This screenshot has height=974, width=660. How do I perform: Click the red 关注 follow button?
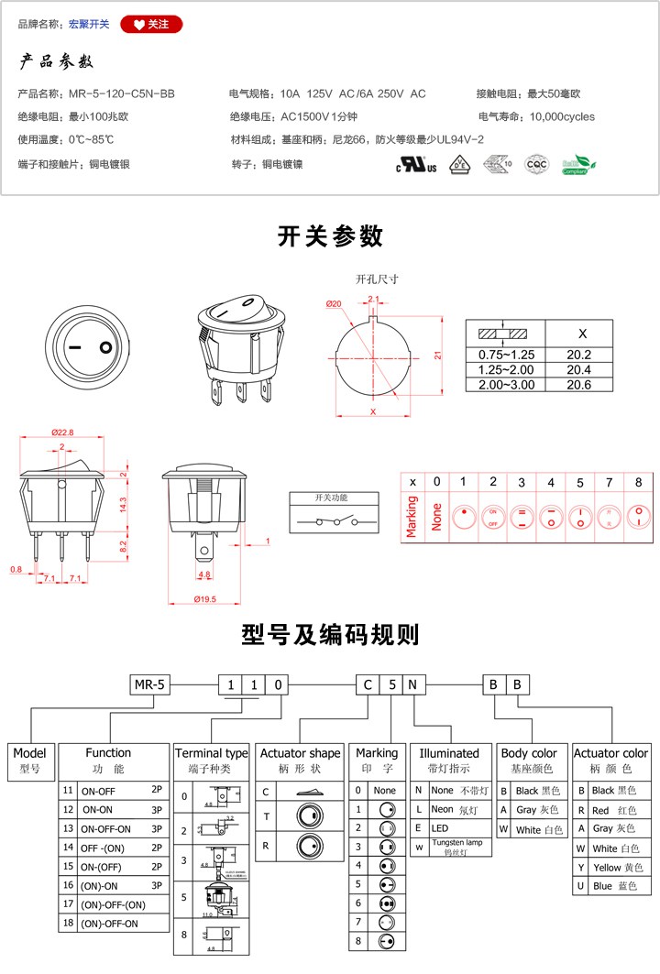151,24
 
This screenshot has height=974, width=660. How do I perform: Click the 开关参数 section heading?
330,236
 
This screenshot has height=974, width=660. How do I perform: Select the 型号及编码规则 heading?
330,634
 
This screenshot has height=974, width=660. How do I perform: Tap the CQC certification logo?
535,165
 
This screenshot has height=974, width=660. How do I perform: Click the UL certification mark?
415,166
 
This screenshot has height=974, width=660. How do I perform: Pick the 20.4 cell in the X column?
579,369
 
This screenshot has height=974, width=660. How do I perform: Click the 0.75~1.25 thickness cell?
506,355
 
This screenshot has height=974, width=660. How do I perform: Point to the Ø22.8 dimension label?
62,432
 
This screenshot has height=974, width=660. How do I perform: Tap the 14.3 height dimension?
122,503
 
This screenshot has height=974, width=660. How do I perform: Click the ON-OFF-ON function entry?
106,828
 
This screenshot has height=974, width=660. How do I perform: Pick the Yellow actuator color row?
610,867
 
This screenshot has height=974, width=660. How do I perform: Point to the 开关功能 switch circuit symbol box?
331,514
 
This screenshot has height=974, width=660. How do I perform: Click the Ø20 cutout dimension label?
333,304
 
